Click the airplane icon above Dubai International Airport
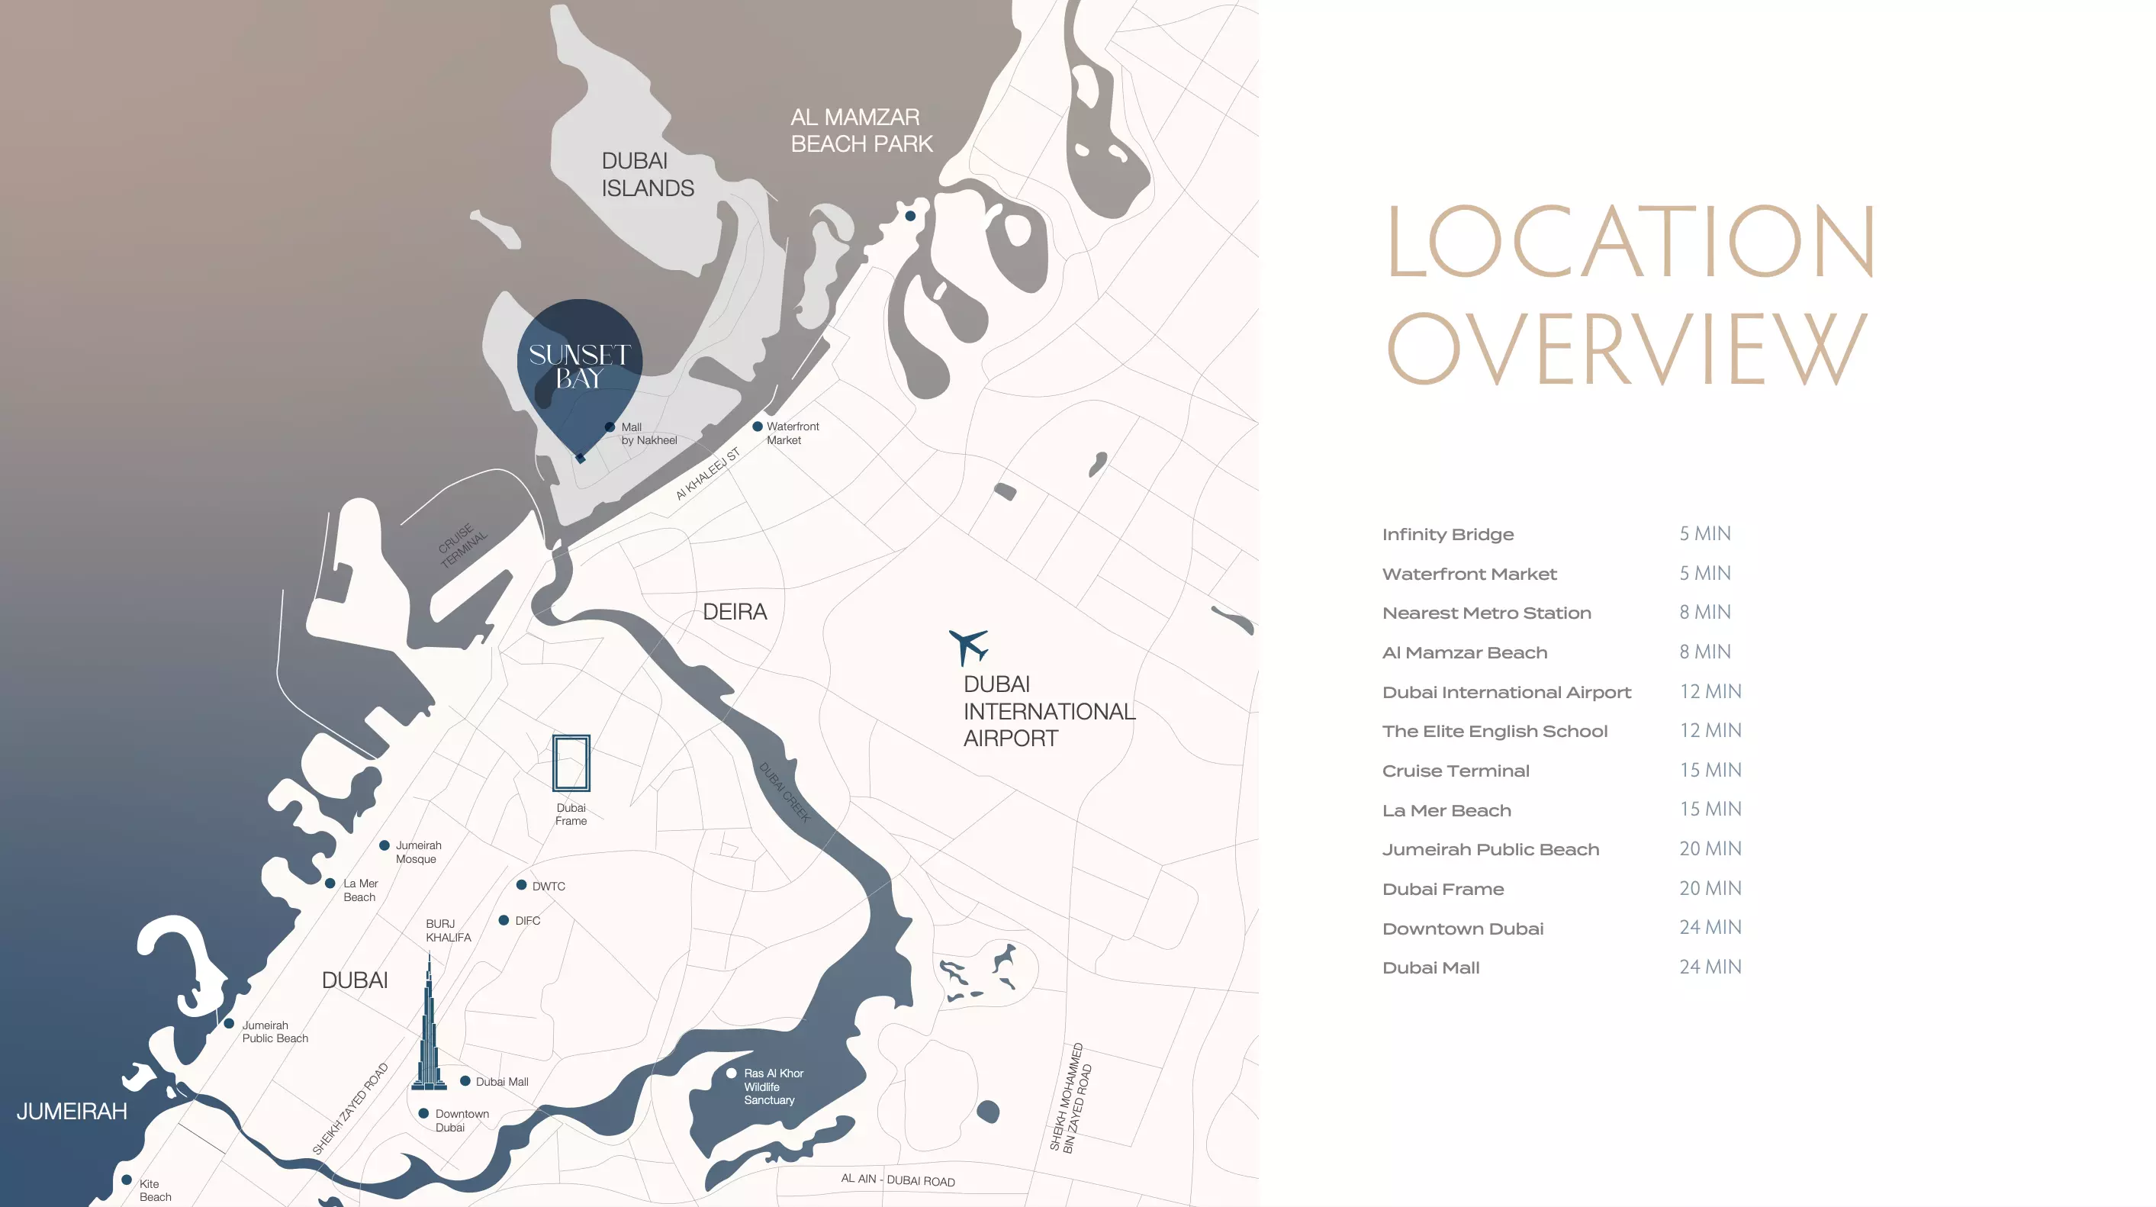coord(969,646)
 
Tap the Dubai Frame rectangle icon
coord(571,762)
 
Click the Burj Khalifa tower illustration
coord(430,1029)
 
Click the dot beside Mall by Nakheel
coord(610,427)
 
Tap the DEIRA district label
coord(734,612)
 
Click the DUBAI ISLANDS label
coord(647,174)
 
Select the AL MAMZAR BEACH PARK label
coord(861,130)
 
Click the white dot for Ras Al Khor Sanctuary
coord(732,1073)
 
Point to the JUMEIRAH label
coord(72,1112)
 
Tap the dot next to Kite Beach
coord(127,1180)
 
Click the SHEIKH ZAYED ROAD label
coord(351,1109)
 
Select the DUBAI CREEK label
coord(784,792)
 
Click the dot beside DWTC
coord(521,885)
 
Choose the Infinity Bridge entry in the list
coord(1447,534)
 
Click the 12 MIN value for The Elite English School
coord(1710,731)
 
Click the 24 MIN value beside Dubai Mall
coord(1710,967)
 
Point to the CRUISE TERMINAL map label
coord(462,545)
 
